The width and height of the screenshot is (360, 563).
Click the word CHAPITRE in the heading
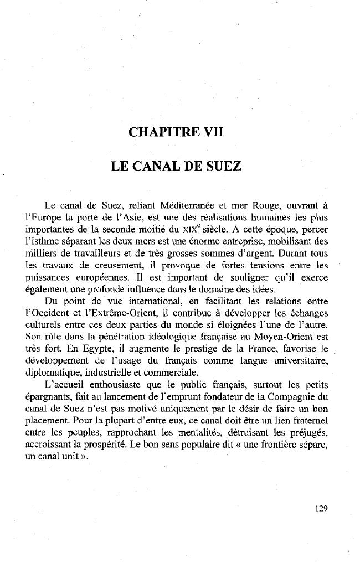point(161,132)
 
